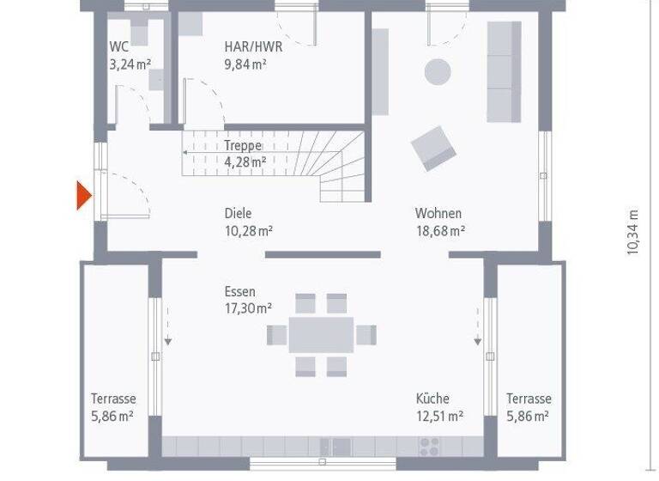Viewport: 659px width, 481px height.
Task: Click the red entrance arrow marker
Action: click(x=83, y=196)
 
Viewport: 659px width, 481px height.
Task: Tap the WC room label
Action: click(x=118, y=47)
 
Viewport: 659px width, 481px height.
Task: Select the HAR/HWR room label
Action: click(x=253, y=47)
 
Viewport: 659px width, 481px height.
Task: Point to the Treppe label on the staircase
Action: click(x=243, y=146)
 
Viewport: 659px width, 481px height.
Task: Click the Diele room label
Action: click(x=239, y=213)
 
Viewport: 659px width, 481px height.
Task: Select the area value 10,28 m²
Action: click(x=249, y=230)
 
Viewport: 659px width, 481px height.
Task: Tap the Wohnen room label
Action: click(x=438, y=213)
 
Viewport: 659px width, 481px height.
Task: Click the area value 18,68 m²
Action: click(x=440, y=230)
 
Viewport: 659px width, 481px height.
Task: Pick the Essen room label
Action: click(x=240, y=292)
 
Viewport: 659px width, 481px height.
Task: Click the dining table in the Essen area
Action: click(x=321, y=335)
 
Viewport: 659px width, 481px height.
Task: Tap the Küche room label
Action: click(x=432, y=399)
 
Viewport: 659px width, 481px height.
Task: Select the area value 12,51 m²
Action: click(x=439, y=416)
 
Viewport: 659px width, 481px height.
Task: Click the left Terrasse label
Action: click(x=113, y=399)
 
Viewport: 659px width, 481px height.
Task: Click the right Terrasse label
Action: click(x=529, y=399)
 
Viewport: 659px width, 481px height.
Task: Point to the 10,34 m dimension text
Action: click(x=633, y=232)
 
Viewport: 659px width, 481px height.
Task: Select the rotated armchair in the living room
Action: click(x=433, y=148)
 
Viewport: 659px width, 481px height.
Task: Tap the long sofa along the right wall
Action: click(x=504, y=71)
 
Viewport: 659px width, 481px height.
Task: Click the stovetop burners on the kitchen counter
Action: click(x=428, y=446)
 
